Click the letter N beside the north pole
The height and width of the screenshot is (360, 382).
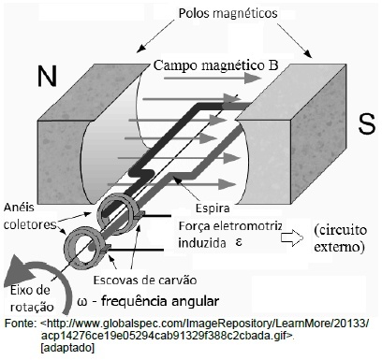click(47, 76)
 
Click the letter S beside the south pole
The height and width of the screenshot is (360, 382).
click(366, 123)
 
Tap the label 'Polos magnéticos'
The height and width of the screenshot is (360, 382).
click(228, 14)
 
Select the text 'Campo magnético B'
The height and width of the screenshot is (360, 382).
click(215, 65)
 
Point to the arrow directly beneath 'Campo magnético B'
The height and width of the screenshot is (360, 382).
click(212, 78)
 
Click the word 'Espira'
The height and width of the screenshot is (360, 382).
click(213, 208)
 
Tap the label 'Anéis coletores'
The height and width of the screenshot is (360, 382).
click(30, 216)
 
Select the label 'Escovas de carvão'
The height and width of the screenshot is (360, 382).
click(145, 280)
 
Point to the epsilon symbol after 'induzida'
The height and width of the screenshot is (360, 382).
click(239, 242)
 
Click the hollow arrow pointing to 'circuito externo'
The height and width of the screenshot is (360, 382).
click(292, 238)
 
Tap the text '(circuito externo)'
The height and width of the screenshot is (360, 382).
click(341, 238)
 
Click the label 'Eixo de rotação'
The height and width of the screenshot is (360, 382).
click(32, 298)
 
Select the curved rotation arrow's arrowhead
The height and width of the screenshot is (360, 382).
click(20, 271)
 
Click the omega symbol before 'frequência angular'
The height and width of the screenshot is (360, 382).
click(81, 302)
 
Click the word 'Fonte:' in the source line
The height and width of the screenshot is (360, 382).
click(20, 324)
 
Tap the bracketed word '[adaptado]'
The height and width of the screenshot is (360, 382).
click(67, 348)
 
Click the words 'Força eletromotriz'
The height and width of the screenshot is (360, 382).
click(230, 225)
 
